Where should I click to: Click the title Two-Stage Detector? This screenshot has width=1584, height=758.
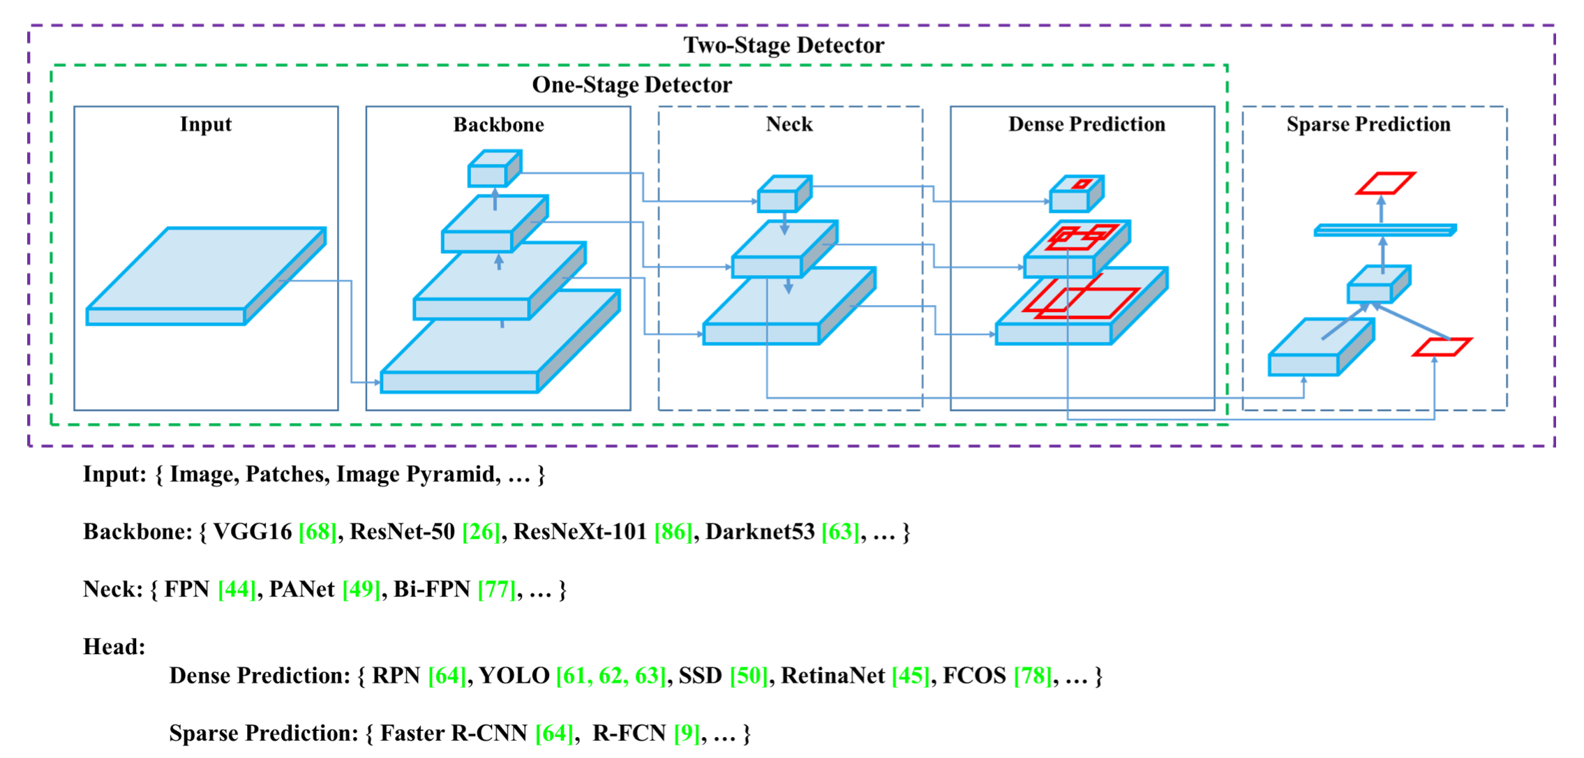pos(783,45)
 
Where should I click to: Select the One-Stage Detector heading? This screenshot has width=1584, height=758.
pos(632,85)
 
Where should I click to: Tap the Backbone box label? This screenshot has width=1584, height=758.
pos(498,125)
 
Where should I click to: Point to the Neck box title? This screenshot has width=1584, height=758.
pos(789,124)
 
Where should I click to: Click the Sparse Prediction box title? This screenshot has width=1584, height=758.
pos(1368,124)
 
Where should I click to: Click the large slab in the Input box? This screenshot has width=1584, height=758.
pos(202,276)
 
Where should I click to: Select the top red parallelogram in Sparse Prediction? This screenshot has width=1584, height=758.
pos(1385,183)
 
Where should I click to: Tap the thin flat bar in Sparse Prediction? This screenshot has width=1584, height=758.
pos(1384,230)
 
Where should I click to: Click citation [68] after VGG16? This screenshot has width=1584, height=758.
pos(317,532)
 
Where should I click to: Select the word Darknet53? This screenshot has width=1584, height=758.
pos(760,532)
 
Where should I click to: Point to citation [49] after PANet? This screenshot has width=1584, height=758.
pos(361,590)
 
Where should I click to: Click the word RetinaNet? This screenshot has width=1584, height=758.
pos(832,676)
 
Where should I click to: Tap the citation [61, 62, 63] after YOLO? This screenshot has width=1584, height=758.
pos(611,676)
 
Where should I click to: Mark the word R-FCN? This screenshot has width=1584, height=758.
pos(629,734)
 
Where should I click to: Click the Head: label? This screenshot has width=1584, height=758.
pos(114,647)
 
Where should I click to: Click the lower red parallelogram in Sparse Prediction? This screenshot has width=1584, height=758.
pos(1442,347)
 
